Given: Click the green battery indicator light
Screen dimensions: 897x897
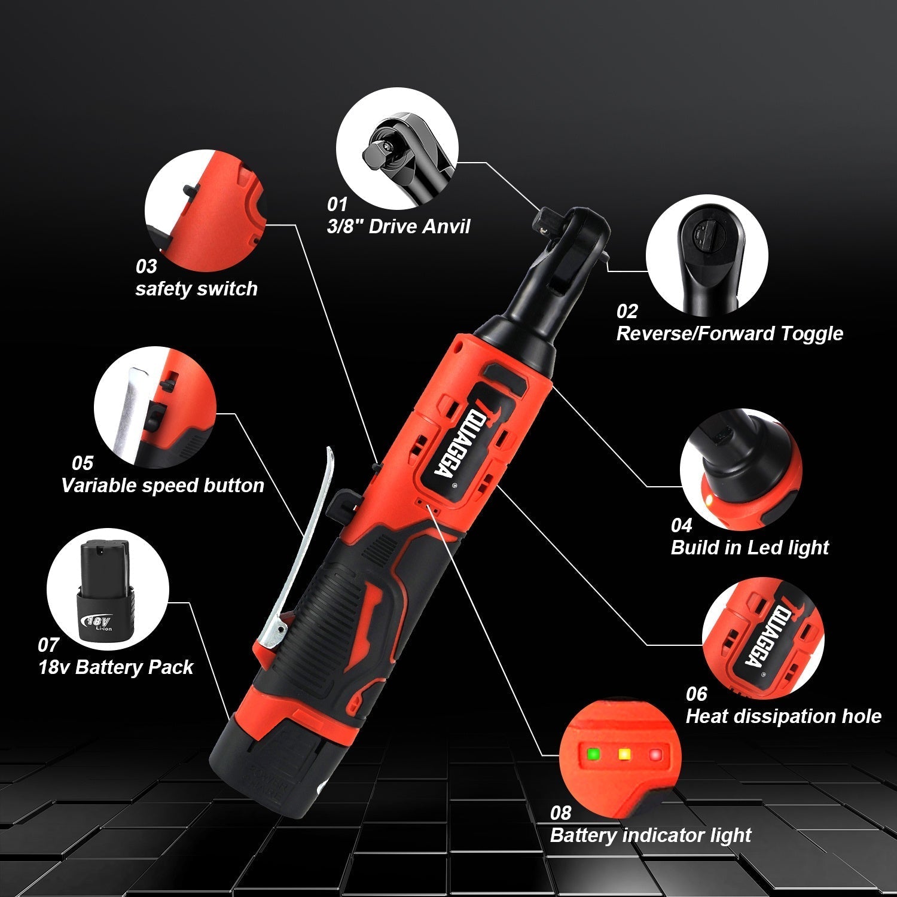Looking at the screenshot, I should pyautogui.click(x=593, y=753).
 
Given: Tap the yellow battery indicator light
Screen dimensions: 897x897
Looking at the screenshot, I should pyautogui.click(x=624, y=754).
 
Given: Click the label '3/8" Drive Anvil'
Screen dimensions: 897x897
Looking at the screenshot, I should pyautogui.click(x=398, y=226).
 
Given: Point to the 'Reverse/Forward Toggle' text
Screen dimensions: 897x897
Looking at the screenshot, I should pyautogui.click(x=729, y=333).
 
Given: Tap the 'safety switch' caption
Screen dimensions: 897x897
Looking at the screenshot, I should pyautogui.click(x=196, y=288).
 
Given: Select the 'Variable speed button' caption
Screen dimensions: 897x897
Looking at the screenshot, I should pyautogui.click(x=162, y=485).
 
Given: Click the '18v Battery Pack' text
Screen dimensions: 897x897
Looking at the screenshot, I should pyautogui.click(x=115, y=667).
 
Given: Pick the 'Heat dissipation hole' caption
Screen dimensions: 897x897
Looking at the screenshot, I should pyautogui.click(x=783, y=716).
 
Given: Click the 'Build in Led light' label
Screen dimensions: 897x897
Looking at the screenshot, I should pyautogui.click(x=749, y=547).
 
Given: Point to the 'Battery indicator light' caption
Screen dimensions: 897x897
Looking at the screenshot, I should pyautogui.click(x=650, y=835).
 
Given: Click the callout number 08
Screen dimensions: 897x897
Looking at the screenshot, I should pyautogui.click(x=560, y=813).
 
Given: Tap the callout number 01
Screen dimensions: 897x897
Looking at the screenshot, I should pyautogui.click(x=337, y=205).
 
